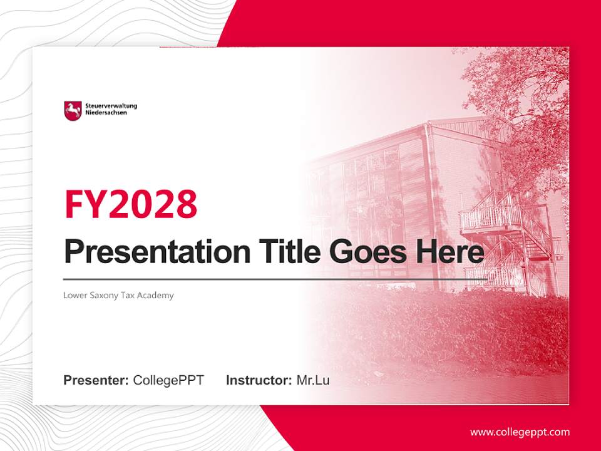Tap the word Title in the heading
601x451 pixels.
click(287, 252)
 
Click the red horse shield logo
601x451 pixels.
click(73, 111)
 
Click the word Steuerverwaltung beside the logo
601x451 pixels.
click(111, 106)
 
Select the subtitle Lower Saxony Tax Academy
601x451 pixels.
click(118, 295)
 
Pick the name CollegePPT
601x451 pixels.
click(168, 380)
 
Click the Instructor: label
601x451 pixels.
click(259, 380)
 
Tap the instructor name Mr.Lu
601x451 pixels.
click(312, 380)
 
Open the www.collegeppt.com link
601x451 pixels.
click(520, 432)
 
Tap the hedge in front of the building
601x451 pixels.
click(438, 326)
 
